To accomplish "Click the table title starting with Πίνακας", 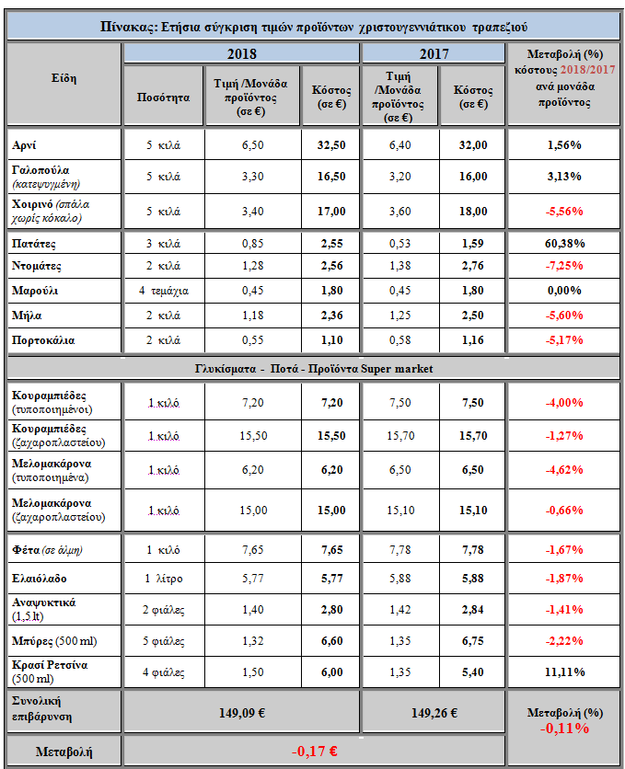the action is click(314, 27).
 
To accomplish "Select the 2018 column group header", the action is click(242, 53).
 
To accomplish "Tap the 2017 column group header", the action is click(434, 53).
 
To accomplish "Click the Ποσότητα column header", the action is click(163, 98).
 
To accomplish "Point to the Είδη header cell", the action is click(64, 78).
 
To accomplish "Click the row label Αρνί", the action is click(24, 145).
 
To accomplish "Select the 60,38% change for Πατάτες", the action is click(564, 243).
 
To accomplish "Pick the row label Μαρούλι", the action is click(35, 291).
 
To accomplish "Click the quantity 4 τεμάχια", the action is click(164, 291).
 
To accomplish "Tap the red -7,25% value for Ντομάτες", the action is click(564, 266).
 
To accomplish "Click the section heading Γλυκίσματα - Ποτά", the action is click(314, 369).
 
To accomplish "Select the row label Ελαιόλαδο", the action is click(40, 579).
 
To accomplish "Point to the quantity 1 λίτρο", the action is click(163, 579).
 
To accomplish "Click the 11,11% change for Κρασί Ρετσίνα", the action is click(564, 671).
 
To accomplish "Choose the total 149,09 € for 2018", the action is click(242, 713).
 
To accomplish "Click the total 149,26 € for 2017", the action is click(434, 713).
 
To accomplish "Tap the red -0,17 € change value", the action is click(315, 751).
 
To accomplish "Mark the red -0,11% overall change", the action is click(564, 729).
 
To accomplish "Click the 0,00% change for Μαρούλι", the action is click(564, 291).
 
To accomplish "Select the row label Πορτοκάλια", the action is click(43, 340).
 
